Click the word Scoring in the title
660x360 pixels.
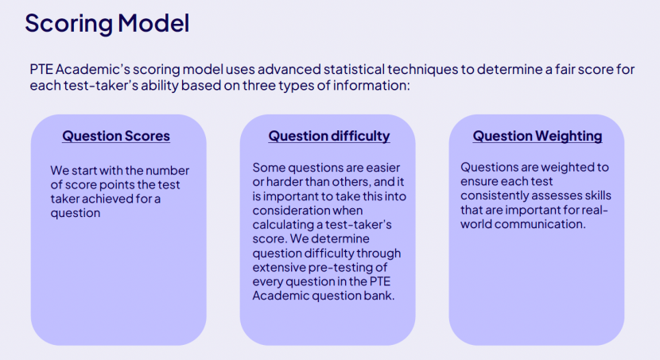click(x=68, y=24)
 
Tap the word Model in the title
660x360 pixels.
click(x=153, y=23)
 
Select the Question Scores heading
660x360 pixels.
click(x=116, y=136)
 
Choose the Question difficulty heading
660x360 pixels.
click(x=329, y=136)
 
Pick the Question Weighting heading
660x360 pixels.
click(x=538, y=136)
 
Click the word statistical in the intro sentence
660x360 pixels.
click(x=355, y=69)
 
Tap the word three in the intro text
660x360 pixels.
click(x=259, y=85)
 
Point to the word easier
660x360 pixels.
click(x=382, y=168)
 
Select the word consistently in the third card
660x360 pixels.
click(x=495, y=195)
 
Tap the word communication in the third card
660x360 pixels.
click(x=540, y=224)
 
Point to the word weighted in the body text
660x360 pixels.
click(x=567, y=168)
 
